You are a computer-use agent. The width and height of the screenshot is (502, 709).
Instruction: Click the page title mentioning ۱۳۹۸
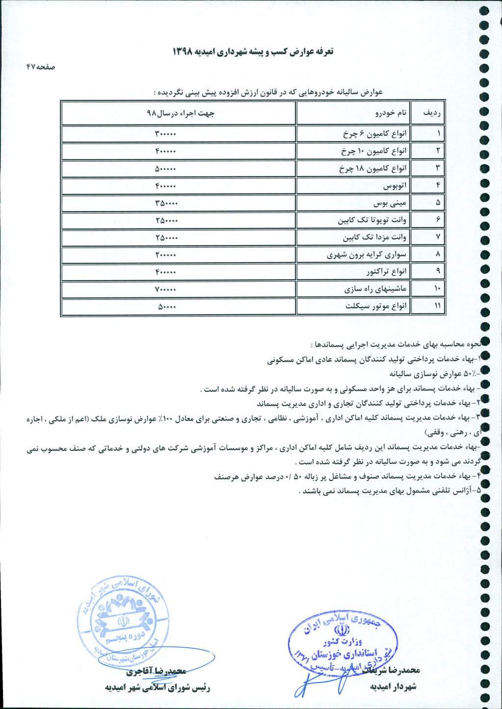(253, 51)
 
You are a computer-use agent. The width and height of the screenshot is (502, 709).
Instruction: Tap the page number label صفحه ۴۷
(41, 67)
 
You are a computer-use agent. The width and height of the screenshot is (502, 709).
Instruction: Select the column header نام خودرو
(391, 113)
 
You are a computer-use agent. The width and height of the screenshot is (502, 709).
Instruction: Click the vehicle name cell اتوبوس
(395, 186)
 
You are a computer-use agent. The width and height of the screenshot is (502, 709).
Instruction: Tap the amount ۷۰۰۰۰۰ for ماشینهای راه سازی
(165, 289)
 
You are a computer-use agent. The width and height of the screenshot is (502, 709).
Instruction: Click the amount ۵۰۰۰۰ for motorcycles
(167, 307)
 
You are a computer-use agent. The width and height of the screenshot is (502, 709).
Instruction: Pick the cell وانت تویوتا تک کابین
(372, 220)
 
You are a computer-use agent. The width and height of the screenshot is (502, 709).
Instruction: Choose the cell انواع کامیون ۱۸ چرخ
(373, 169)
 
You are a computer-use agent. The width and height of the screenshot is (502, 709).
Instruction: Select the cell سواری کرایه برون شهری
(367, 255)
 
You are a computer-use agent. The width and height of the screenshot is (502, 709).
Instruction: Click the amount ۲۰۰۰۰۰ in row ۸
(166, 255)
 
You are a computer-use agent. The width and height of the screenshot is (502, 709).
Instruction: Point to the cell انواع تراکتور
(386, 272)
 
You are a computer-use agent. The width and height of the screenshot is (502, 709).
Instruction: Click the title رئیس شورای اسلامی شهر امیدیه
(157, 687)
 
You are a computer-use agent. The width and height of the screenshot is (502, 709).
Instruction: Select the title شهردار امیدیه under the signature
(393, 686)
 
